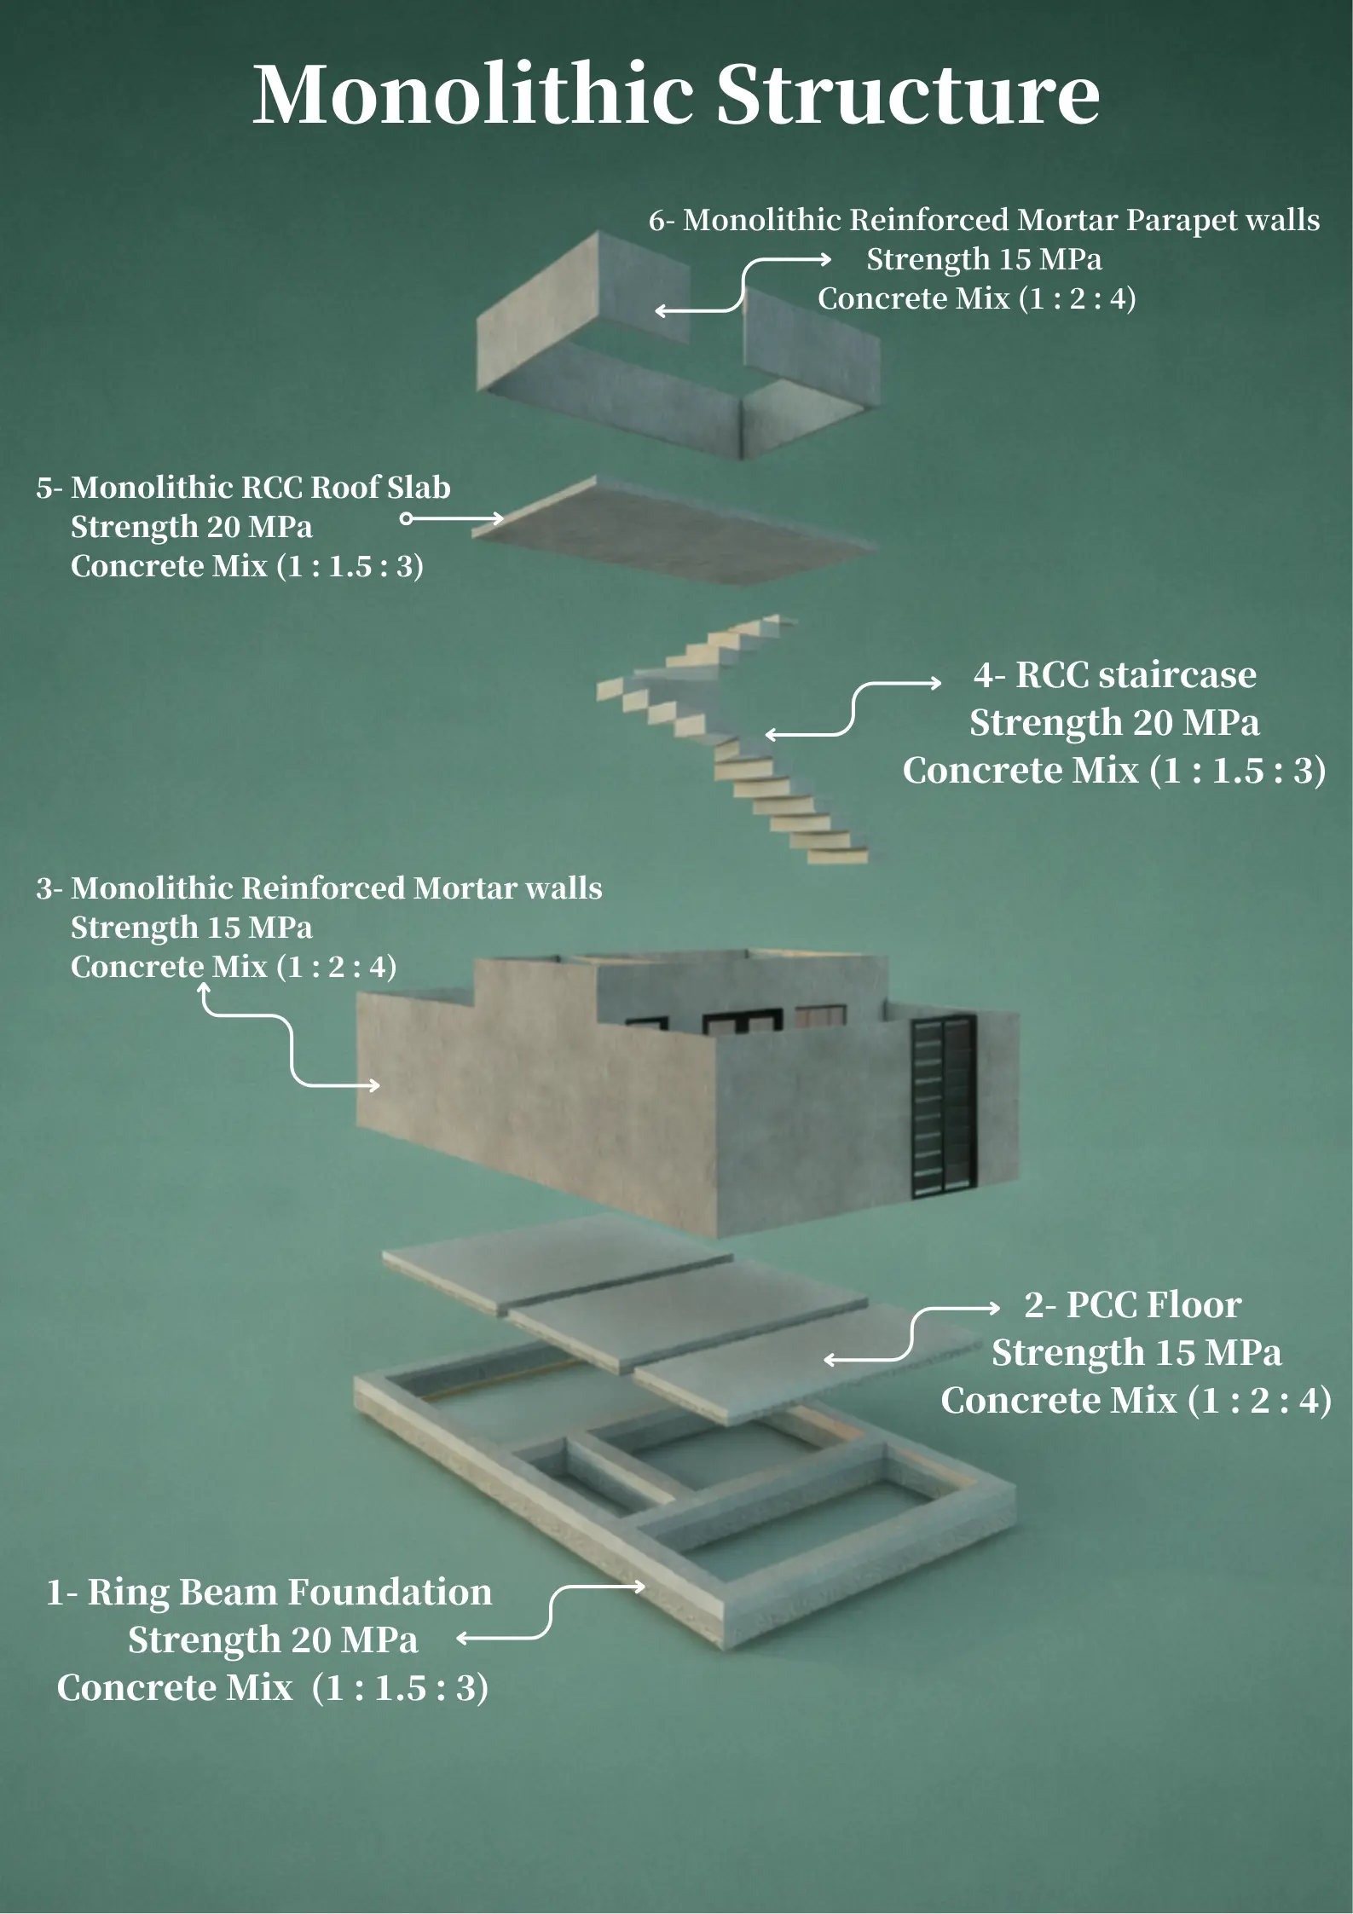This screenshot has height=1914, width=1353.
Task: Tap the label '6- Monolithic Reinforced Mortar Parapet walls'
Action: tap(984, 220)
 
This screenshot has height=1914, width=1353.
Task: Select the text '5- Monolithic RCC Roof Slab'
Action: tap(243, 487)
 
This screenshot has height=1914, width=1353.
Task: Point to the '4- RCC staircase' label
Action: tap(1114, 674)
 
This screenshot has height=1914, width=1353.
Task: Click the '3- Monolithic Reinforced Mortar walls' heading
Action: tap(319, 888)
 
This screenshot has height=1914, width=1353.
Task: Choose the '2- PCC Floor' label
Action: tap(1132, 1304)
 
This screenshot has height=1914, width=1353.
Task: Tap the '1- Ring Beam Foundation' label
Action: tap(269, 1592)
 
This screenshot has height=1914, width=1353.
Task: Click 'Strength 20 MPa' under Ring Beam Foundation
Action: tap(273, 1639)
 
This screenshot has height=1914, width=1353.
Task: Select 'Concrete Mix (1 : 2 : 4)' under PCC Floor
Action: tap(1136, 1400)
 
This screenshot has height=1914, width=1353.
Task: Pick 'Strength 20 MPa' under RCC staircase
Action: tap(1114, 722)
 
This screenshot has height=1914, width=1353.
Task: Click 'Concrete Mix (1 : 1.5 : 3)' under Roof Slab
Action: tap(247, 565)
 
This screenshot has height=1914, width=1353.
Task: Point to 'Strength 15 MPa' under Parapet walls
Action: tap(984, 258)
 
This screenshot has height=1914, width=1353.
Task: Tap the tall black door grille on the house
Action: tap(944, 1106)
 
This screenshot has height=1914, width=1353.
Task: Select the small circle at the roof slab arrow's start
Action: tap(407, 518)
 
